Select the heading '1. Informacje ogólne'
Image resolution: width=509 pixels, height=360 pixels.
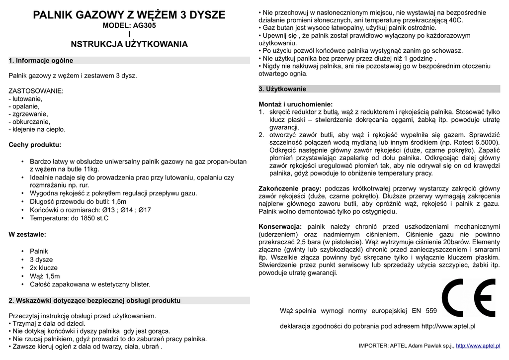pos(41,61)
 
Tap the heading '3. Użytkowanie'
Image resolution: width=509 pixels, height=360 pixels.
pos(282,89)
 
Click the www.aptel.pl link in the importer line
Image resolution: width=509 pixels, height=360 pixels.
pos(478,346)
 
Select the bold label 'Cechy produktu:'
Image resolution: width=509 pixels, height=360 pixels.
pos(35,145)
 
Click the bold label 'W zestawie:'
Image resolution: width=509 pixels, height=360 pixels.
pos(27,234)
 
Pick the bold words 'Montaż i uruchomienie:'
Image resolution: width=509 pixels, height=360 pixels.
pos(295,104)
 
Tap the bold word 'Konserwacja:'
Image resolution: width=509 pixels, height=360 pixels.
pos(280,227)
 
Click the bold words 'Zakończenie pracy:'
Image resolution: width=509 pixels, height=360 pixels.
pos(290,188)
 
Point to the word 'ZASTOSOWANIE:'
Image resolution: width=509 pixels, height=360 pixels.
pos(36,91)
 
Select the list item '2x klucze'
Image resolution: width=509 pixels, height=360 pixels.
pos(44,268)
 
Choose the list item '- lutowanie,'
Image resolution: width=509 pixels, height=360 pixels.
pos(26,98)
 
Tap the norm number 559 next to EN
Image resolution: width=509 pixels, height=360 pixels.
pos(431,311)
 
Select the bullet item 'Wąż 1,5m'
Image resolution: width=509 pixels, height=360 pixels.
pos(45,276)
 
